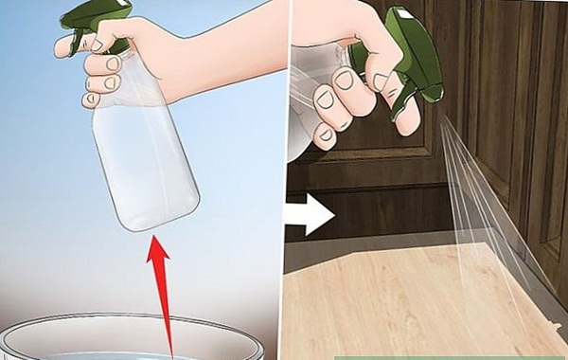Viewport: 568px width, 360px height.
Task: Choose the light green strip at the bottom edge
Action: click(445, 356)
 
